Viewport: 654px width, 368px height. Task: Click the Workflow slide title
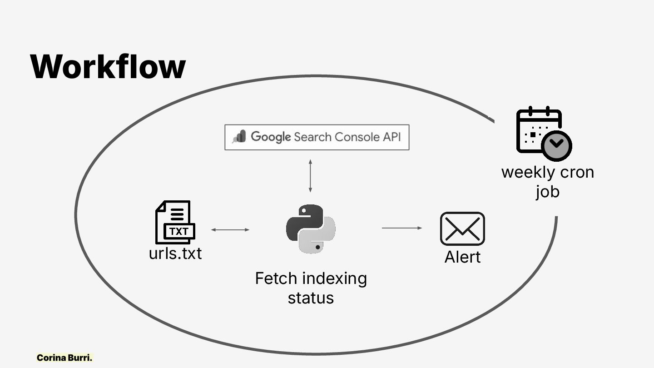pyautogui.click(x=108, y=67)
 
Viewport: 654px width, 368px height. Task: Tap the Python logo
pyautogui.click(x=311, y=229)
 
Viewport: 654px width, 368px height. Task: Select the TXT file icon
pyautogui.click(x=175, y=223)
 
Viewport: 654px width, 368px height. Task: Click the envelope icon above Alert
pyautogui.click(x=462, y=229)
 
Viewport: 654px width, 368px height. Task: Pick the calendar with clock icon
pyautogui.click(x=543, y=134)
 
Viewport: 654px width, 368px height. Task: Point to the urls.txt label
pyautogui.click(x=175, y=253)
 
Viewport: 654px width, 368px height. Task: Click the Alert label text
pyautogui.click(x=462, y=257)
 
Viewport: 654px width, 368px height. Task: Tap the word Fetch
pyautogui.click(x=276, y=278)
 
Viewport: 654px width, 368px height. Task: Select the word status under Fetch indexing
pyautogui.click(x=311, y=298)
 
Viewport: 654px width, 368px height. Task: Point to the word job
pyautogui.click(x=547, y=192)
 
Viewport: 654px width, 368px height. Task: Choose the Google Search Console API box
pyautogui.click(x=317, y=137)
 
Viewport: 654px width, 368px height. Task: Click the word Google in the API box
pyautogui.click(x=271, y=137)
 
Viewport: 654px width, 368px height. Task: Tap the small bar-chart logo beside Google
pyautogui.click(x=239, y=136)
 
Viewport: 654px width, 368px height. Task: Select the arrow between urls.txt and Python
pyautogui.click(x=230, y=230)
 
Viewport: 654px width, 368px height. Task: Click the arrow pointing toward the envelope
pyautogui.click(x=402, y=228)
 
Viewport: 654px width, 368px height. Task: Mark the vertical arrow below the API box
pyautogui.click(x=310, y=175)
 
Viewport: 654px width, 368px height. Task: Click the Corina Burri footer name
pyautogui.click(x=64, y=358)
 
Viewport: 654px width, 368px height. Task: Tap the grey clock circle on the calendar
pyautogui.click(x=557, y=145)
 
